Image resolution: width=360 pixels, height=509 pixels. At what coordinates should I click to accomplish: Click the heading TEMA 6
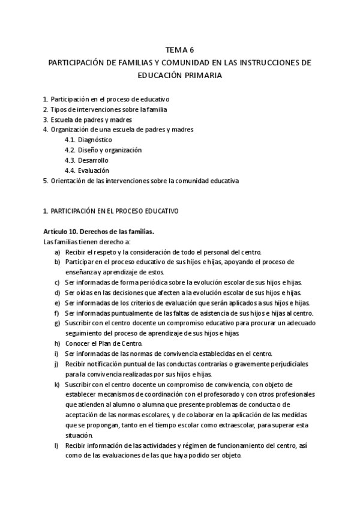point(179,50)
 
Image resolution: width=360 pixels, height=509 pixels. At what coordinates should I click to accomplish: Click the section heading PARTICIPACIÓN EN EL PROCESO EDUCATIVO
point(115,211)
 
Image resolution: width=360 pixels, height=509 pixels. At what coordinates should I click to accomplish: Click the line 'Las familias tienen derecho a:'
point(83,242)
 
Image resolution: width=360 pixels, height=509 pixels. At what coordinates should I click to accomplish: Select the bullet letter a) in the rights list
point(57,252)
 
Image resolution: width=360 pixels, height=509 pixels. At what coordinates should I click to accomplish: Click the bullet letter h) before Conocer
point(57,343)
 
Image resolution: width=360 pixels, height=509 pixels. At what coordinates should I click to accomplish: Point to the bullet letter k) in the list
point(57,384)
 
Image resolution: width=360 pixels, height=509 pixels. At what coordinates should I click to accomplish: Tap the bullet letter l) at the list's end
point(56,445)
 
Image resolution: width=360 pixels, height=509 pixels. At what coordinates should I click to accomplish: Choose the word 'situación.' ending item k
point(79,435)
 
